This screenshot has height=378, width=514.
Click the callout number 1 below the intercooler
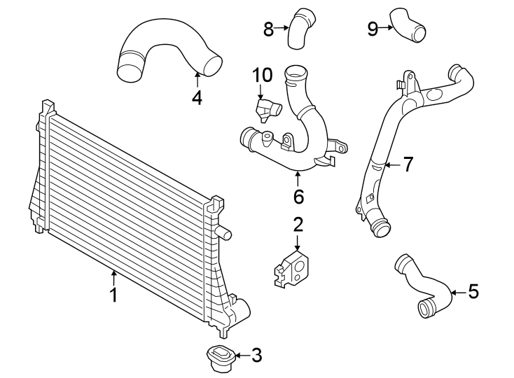tap(113, 295)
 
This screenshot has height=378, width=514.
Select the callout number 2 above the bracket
tap(298, 225)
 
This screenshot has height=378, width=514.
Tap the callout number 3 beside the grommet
tap(256, 356)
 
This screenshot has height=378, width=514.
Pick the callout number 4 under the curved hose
tap(197, 97)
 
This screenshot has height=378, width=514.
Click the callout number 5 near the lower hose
tap(473, 291)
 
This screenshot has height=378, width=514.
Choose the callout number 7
tap(408, 165)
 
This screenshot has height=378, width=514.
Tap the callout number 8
tap(268, 29)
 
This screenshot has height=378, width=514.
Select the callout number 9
tap(373, 29)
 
